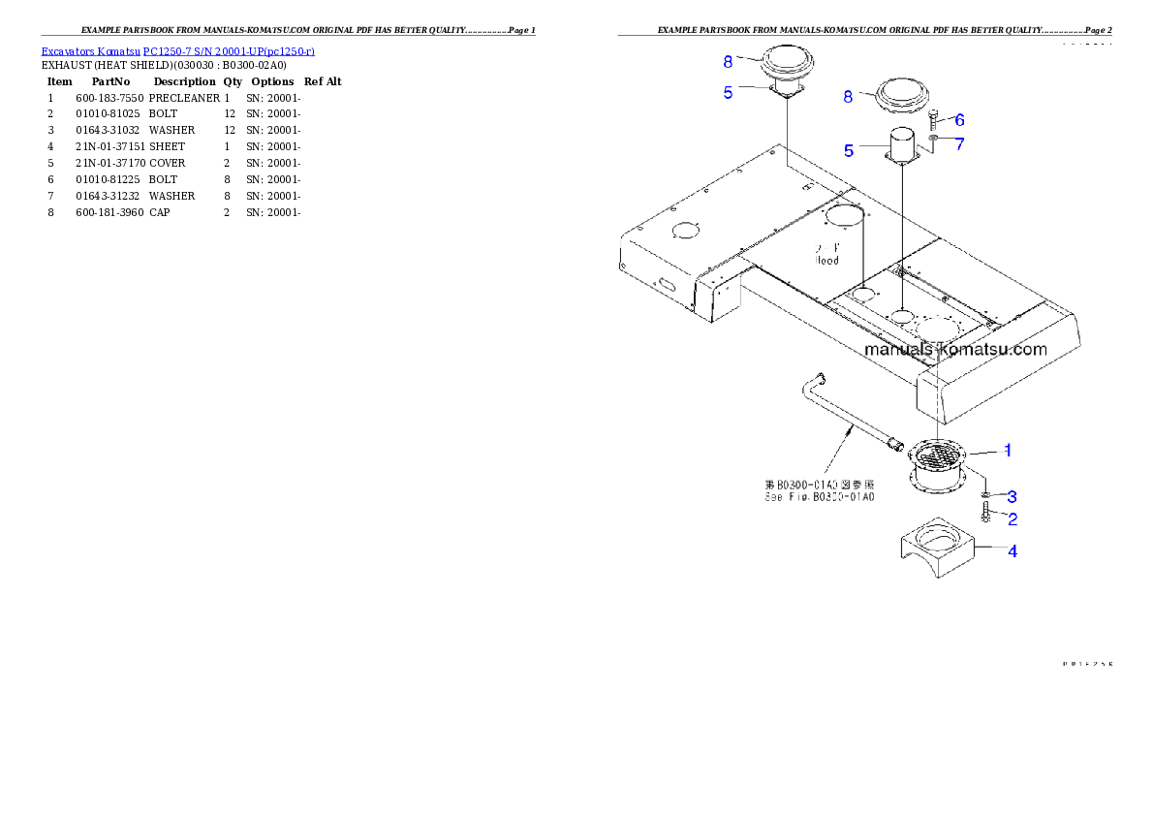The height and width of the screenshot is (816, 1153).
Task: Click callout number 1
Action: [1008, 450]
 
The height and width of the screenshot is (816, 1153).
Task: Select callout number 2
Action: [1013, 518]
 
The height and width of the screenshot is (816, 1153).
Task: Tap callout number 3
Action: [1013, 496]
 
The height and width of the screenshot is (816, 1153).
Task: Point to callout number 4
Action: [1013, 550]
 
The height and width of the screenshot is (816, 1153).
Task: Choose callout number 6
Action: [959, 120]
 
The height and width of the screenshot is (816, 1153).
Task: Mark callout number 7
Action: [959, 143]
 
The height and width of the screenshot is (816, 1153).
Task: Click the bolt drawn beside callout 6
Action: [933, 121]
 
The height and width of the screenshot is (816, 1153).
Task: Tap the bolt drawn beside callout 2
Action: [984, 514]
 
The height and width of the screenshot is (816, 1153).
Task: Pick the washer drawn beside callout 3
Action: [984, 495]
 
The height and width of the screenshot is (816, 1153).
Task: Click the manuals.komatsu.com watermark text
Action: [954, 349]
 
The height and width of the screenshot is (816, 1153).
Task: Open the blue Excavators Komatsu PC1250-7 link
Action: [177, 50]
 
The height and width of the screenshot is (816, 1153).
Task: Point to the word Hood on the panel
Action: [826, 260]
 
